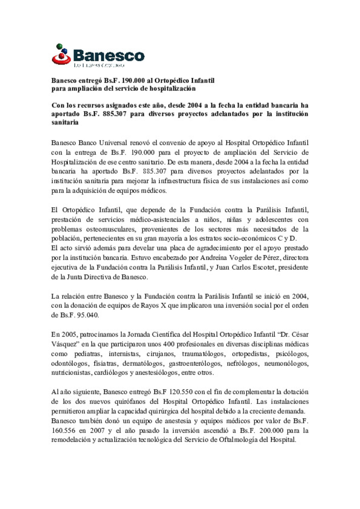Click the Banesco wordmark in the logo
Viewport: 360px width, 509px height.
click(x=109, y=55)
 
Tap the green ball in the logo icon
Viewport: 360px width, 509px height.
click(x=59, y=46)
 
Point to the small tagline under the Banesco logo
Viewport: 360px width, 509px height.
click(x=99, y=65)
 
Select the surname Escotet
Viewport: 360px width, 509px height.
click(x=262, y=267)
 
